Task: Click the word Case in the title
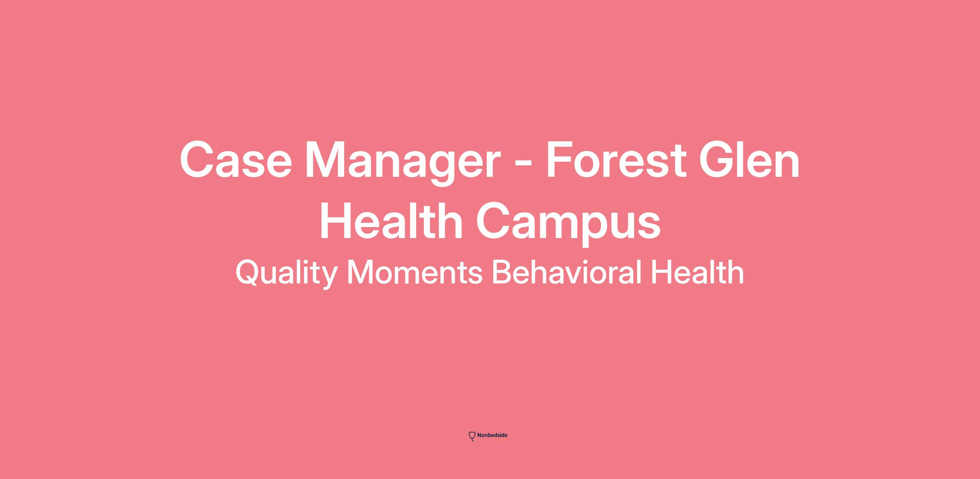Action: tap(236, 160)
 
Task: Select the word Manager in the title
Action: tap(403, 164)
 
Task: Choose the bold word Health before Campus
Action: tap(391, 221)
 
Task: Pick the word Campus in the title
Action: tap(568, 224)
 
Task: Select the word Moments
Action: tap(414, 272)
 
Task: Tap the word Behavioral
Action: tap(566, 272)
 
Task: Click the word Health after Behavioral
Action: tap(697, 272)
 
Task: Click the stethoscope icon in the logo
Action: tap(472, 436)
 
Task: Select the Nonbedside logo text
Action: tap(492, 435)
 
